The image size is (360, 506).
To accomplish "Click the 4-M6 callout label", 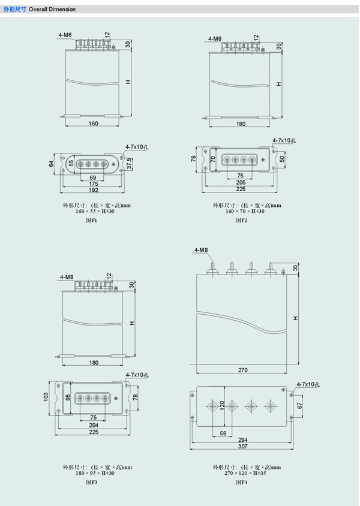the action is (x=65, y=35).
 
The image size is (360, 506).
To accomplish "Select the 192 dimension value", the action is (x=94, y=190).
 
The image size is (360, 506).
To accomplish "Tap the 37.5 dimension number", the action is (x=129, y=164).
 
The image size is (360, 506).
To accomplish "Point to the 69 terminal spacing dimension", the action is (x=92, y=177).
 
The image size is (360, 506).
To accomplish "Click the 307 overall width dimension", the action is (x=243, y=446).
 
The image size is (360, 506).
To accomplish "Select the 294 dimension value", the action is (x=243, y=440).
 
